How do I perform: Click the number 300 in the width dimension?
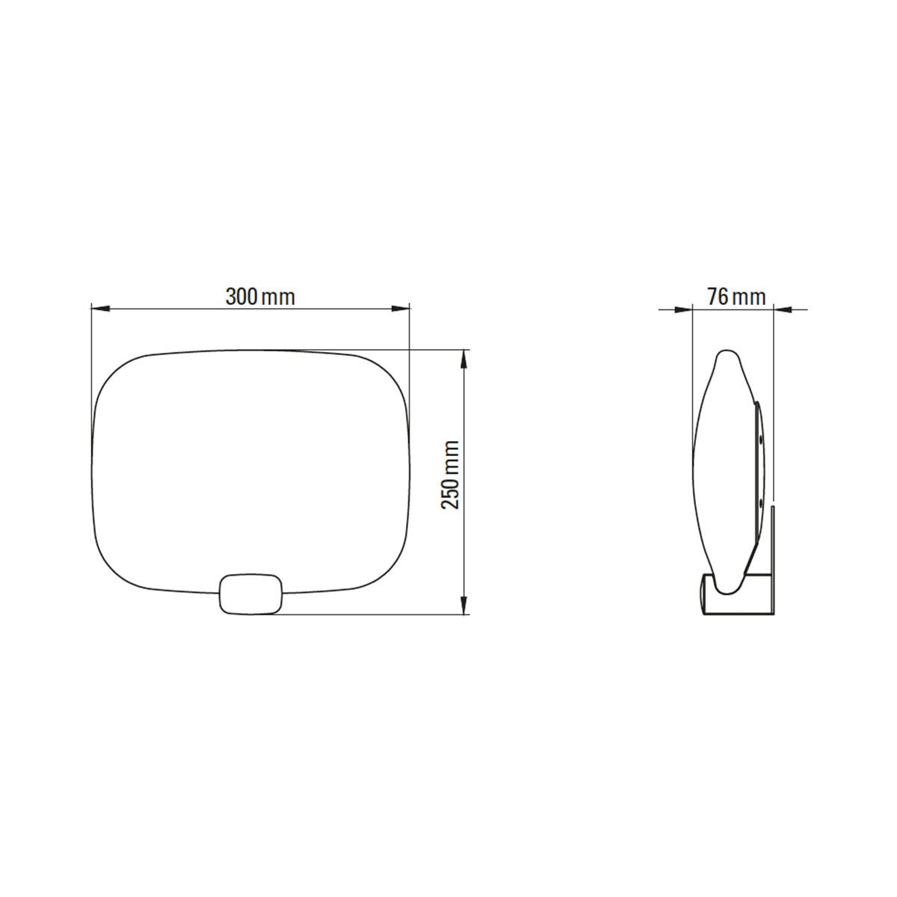[242, 297]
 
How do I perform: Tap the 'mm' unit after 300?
[279, 298]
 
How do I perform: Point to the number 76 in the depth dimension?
[718, 297]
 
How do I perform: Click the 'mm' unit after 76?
[749, 298]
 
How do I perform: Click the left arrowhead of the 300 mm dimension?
[98, 308]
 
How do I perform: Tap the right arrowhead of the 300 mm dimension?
[403, 308]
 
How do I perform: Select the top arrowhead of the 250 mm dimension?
[465, 358]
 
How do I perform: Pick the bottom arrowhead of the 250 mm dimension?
[465, 606]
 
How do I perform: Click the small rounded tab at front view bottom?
[250, 593]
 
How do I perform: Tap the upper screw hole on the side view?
[762, 441]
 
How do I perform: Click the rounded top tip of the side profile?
[725, 354]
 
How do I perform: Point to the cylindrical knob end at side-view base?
[705, 595]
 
